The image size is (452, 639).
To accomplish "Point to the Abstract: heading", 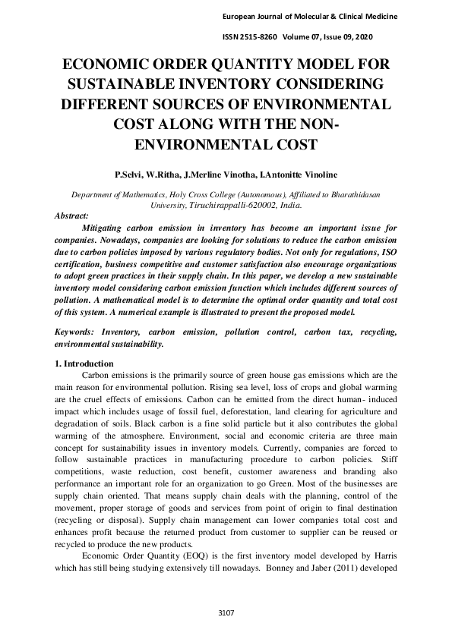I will (x=72, y=216).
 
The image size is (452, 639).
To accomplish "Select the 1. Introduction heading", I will (x=84, y=364).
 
